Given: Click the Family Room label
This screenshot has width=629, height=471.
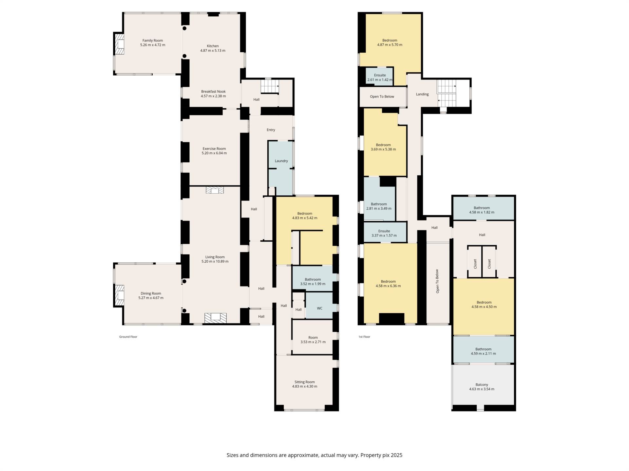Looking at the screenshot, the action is tap(153, 41).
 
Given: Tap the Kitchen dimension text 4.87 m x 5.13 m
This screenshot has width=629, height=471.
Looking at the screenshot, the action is tap(213, 51).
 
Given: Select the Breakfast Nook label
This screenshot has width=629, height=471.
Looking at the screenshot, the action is tap(213, 92).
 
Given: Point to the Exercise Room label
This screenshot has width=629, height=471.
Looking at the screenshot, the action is tap(214, 148).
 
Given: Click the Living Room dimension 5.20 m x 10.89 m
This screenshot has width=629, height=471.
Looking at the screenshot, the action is tap(215, 262).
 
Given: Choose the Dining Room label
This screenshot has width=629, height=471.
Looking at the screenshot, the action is tap(151, 293).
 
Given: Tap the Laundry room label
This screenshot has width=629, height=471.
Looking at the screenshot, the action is tap(281, 161).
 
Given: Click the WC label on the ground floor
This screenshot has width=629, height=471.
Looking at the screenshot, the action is tap(320, 308).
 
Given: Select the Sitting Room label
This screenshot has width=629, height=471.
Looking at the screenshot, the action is tap(305, 382).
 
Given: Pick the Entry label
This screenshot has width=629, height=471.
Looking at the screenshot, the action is tap(271, 130).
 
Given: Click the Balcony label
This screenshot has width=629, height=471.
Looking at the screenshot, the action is tap(482, 385).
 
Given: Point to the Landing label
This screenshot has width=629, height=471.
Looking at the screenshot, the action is tap(422, 94).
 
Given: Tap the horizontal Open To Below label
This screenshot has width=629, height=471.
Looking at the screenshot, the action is tap(382, 96).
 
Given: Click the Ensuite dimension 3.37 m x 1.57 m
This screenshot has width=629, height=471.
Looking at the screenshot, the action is tap(384, 235).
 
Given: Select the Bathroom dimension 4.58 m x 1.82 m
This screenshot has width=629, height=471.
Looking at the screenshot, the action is tap(482, 212).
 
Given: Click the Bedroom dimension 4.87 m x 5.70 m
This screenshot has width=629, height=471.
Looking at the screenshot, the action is tap(390, 45).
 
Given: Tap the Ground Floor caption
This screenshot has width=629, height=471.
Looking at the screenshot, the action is tap(128, 337).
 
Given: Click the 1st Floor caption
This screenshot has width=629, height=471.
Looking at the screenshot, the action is tap(364, 337).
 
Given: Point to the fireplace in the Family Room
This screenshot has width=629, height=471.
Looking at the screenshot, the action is tap(119, 44).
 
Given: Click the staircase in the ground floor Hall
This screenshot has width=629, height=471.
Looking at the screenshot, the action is tap(270, 87).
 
